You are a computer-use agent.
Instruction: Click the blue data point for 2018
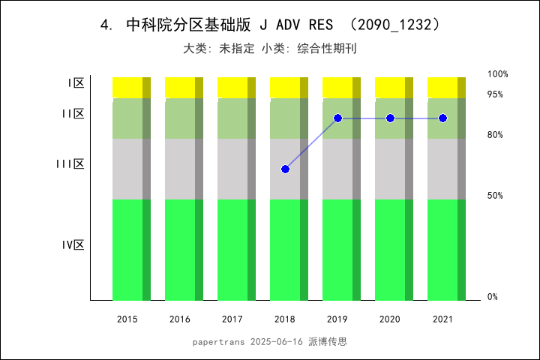pyautogui.click(x=285, y=169)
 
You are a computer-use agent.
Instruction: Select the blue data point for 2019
pyautogui.click(x=337, y=118)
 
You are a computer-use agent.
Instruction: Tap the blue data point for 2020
pyautogui.click(x=390, y=118)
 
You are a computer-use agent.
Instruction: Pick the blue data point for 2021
pyautogui.click(x=442, y=118)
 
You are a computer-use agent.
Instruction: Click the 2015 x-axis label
pyautogui.click(x=127, y=319)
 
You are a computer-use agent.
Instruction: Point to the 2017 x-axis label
pyautogui.click(x=232, y=319)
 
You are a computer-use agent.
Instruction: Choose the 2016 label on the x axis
pyautogui.click(x=180, y=319)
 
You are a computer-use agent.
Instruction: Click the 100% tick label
pyautogui.click(x=498, y=74)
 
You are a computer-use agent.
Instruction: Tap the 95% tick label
pyautogui.click(x=495, y=94)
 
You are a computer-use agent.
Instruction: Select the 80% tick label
pyautogui.click(x=495, y=135)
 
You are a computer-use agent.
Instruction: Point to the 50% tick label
pyautogui.click(x=495, y=196)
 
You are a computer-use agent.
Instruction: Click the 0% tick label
pyautogui.click(x=493, y=297)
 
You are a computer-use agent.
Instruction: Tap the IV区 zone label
pyautogui.click(x=73, y=244)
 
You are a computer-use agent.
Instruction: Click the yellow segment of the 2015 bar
pyautogui.click(x=127, y=87)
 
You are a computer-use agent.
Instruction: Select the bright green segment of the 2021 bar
pyautogui.click(x=442, y=249)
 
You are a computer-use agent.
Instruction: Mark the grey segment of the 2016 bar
pyautogui.click(x=180, y=169)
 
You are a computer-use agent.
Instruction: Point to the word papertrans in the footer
pyautogui.click(x=217, y=341)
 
